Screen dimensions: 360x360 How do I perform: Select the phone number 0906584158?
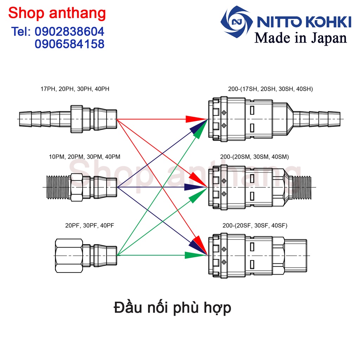(70, 44)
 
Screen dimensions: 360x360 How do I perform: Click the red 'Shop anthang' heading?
(57, 13)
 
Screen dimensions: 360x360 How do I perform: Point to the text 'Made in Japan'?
(301, 38)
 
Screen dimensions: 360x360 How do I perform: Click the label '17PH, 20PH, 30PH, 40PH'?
(75, 89)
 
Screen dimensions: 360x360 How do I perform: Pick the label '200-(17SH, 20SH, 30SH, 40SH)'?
(270, 89)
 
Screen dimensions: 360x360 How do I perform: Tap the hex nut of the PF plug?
(69, 255)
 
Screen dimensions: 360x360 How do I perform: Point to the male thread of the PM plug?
(58, 187)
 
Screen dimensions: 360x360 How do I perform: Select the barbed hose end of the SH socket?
(316, 120)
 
